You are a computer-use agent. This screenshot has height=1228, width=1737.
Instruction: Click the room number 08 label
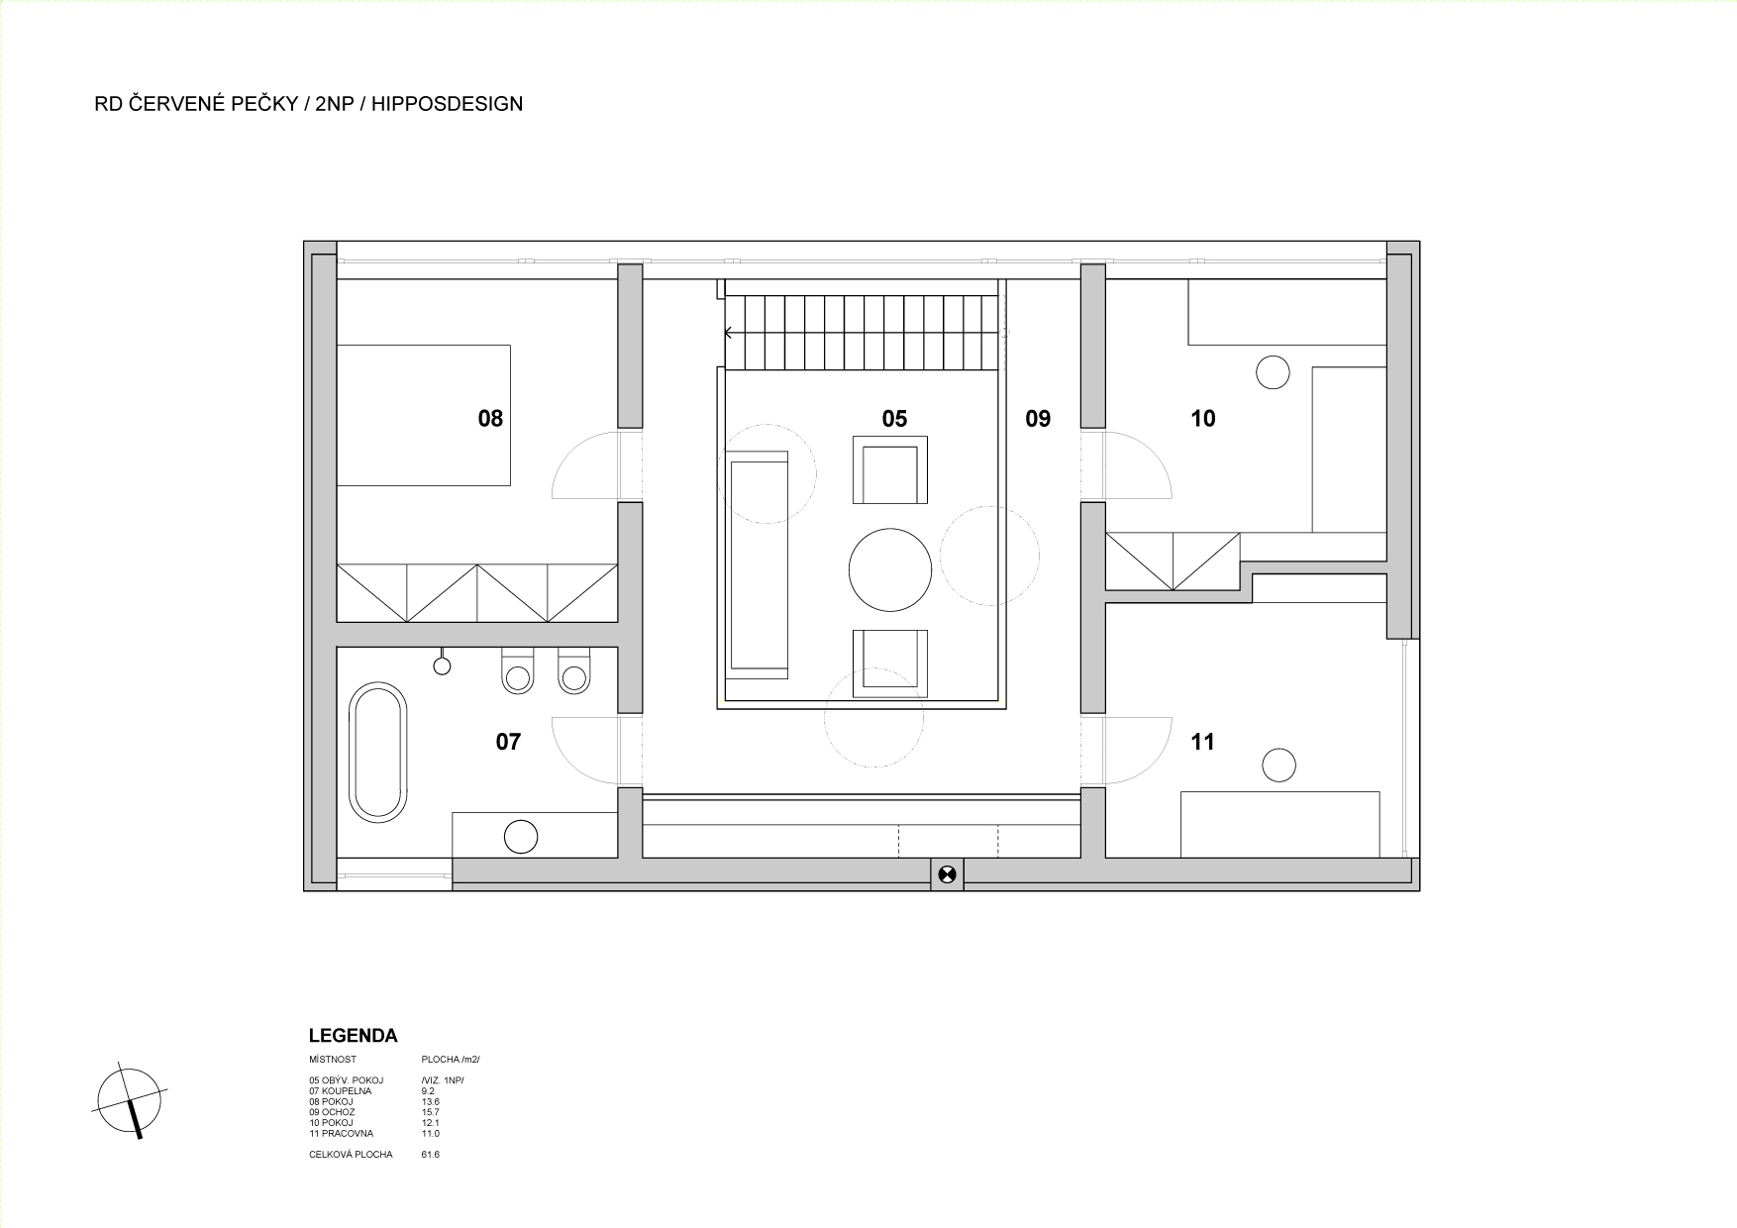pos(490,419)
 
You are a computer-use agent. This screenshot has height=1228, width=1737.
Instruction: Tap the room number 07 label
pos(508,742)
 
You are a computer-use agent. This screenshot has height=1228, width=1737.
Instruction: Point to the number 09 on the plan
pos(1038,419)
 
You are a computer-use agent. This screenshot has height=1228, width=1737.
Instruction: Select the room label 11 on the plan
pos(1202,742)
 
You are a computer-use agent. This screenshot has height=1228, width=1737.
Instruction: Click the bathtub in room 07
pos(378,752)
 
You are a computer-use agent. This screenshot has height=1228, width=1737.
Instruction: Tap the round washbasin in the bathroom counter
pos(521,837)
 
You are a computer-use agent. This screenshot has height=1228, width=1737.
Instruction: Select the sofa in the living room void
pos(759,564)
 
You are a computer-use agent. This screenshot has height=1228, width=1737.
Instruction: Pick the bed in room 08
pos(424,415)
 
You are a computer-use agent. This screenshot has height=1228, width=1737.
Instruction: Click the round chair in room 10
pos(1273,372)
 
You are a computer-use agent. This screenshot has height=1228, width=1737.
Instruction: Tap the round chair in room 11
pos(1278,766)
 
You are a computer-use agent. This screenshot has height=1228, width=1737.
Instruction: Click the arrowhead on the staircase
pos(729,333)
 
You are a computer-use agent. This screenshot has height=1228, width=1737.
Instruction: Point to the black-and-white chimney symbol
pos(948,873)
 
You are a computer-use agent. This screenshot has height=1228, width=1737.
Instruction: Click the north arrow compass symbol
pos(130,1101)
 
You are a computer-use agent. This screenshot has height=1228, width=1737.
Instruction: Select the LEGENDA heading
pos(354,1036)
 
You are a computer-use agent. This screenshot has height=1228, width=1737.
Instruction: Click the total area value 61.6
pos(431,1155)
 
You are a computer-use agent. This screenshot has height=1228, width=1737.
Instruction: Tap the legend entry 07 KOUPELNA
pos(340,1090)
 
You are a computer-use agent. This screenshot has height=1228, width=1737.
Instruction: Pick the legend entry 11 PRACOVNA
pos(342,1133)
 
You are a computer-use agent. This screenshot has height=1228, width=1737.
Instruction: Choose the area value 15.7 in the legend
pos(431,1112)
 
